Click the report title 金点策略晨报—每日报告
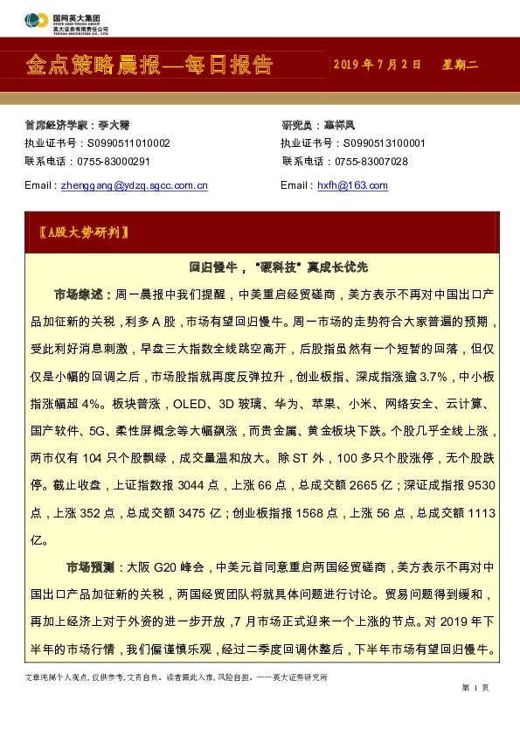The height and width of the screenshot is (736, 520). coord(149,65)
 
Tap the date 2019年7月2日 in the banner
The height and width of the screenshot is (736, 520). coord(378,66)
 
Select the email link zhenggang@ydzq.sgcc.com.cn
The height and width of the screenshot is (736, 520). coord(133,185)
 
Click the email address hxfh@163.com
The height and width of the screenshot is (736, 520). coord(352,185)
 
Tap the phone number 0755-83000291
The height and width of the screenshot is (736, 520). coord(113,162)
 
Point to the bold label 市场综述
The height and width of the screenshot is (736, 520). coord(81,295)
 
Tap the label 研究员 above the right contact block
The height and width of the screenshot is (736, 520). coord(296,125)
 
